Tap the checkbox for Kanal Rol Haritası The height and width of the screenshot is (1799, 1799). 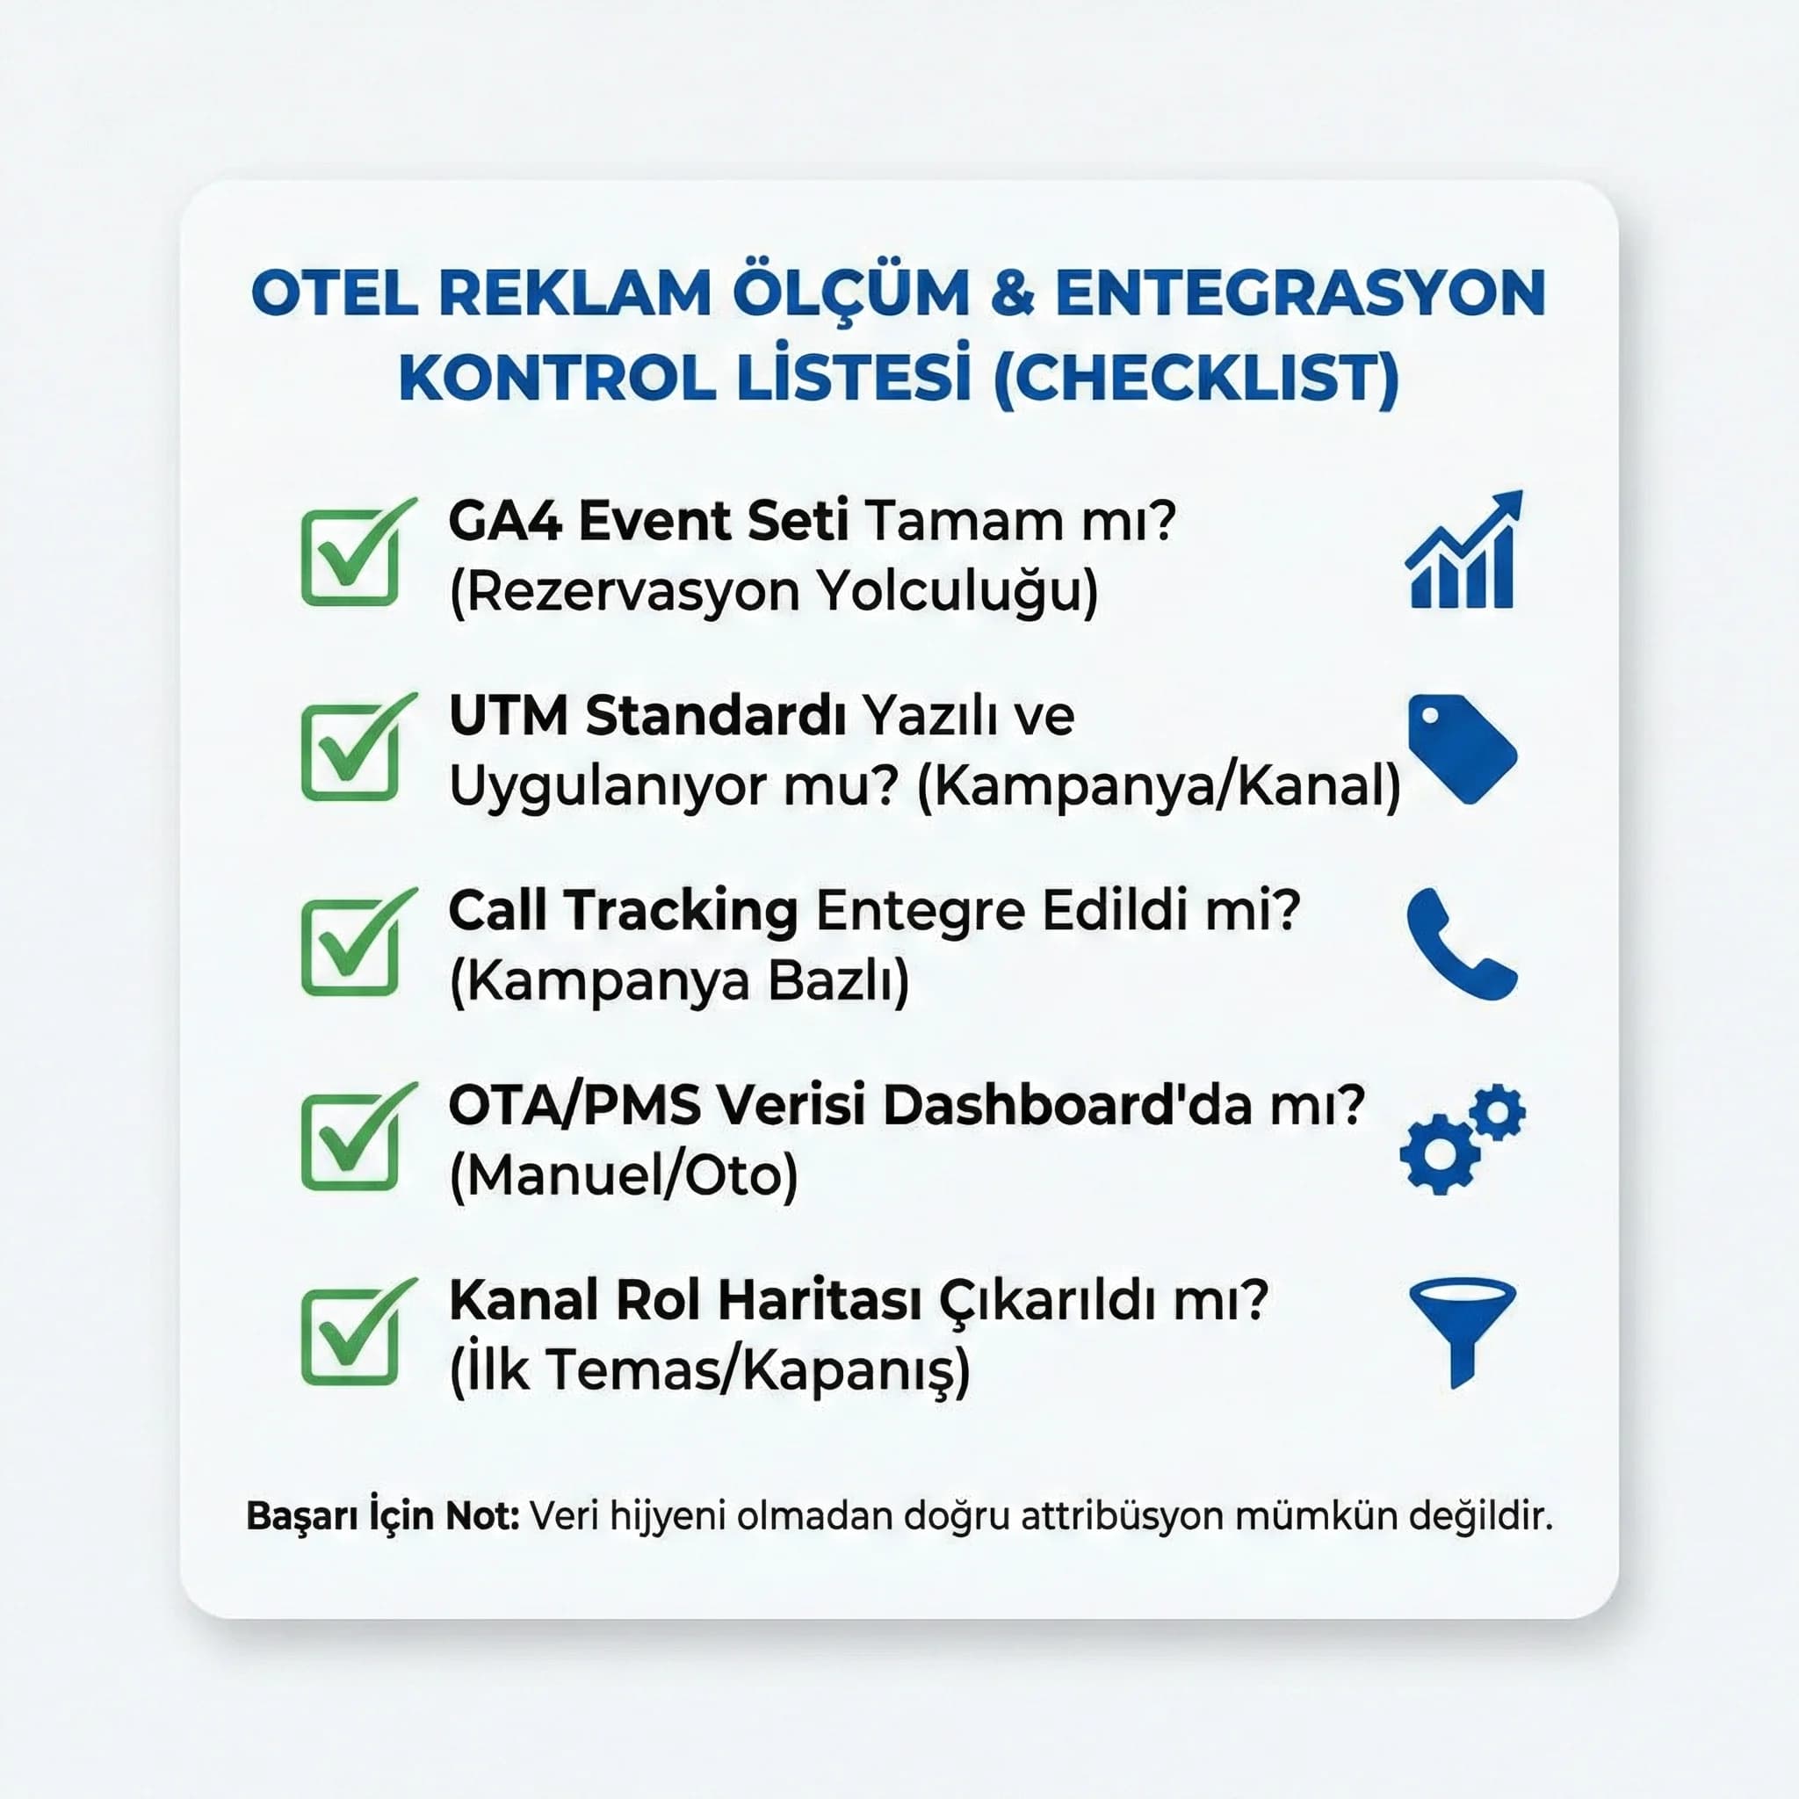point(350,1338)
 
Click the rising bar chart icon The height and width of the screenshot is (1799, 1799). point(1463,552)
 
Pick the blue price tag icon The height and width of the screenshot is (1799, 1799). point(1461,748)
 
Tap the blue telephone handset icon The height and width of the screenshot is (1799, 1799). point(1460,945)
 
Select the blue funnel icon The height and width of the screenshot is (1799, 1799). point(1462,1331)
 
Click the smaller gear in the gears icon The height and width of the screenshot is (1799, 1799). point(1499,1111)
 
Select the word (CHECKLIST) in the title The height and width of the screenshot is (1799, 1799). point(1196,379)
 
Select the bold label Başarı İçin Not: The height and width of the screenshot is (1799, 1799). point(382,1516)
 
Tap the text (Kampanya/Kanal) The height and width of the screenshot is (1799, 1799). point(1159,787)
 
